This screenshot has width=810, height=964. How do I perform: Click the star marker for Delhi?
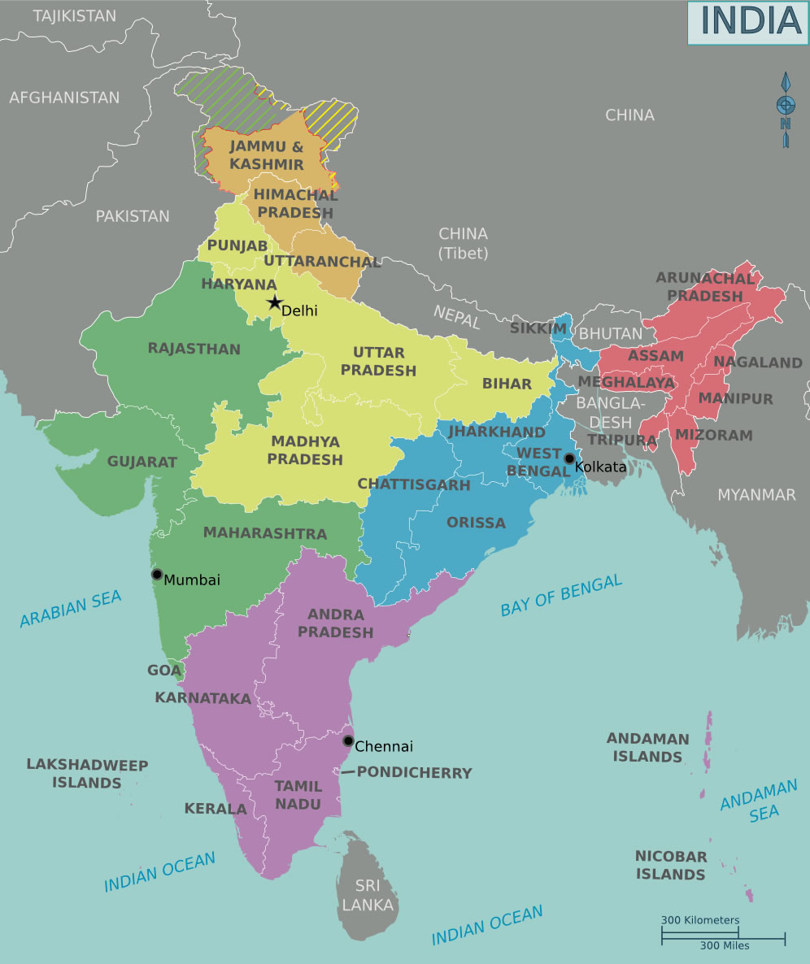(x=274, y=303)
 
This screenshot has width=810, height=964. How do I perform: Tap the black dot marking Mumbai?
(x=157, y=574)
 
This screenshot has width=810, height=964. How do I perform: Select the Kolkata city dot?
(x=569, y=458)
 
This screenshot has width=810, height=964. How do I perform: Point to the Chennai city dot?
(x=348, y=740)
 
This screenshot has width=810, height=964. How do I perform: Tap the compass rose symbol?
(x=786, y=109)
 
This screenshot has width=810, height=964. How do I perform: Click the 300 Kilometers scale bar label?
(x=699, y=920)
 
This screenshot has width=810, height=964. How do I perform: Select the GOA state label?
(x=164, y=671)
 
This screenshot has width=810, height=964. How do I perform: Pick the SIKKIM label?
(x=538, y=328)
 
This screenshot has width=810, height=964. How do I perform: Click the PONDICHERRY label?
(x=414, y=773)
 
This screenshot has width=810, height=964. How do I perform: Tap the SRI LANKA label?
(x=367, y=895)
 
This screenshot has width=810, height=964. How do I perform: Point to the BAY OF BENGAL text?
(x=561, y=596)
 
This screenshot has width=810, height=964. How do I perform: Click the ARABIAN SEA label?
(x=71, y=609)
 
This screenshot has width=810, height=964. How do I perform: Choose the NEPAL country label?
(x=456, y=317)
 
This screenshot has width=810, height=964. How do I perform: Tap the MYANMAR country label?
(x=756, y=495)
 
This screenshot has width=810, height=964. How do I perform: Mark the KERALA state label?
(x=216, y=809)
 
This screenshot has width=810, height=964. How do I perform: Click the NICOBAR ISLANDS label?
(x=670, y=866)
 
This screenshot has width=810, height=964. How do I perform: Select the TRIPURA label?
(x=622, y=440)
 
